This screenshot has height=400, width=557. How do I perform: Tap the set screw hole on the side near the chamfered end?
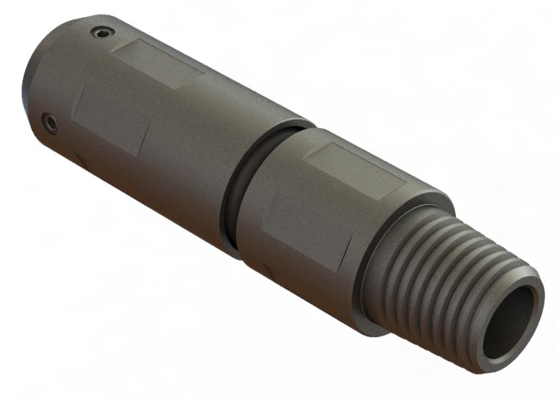coord(50,122)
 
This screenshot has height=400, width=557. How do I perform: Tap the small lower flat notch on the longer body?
coord(79,159)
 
